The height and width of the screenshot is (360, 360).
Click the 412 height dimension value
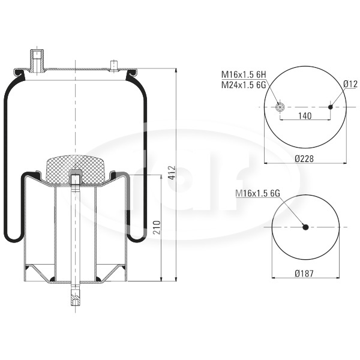(171, 173)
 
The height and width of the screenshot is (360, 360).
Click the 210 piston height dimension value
(157, 227)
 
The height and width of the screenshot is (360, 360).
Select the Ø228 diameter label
(304, 158)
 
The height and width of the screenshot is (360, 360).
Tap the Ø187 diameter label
(304, 273)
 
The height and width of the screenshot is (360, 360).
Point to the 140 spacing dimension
(305, 116)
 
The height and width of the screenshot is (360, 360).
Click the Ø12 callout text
(350, 84)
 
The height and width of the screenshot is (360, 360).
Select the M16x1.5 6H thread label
(244, 74)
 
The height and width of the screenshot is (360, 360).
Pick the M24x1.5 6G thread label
(244, 85)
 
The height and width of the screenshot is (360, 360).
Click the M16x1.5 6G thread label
(258, 194)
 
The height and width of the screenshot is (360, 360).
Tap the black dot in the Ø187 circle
(305, 227)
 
